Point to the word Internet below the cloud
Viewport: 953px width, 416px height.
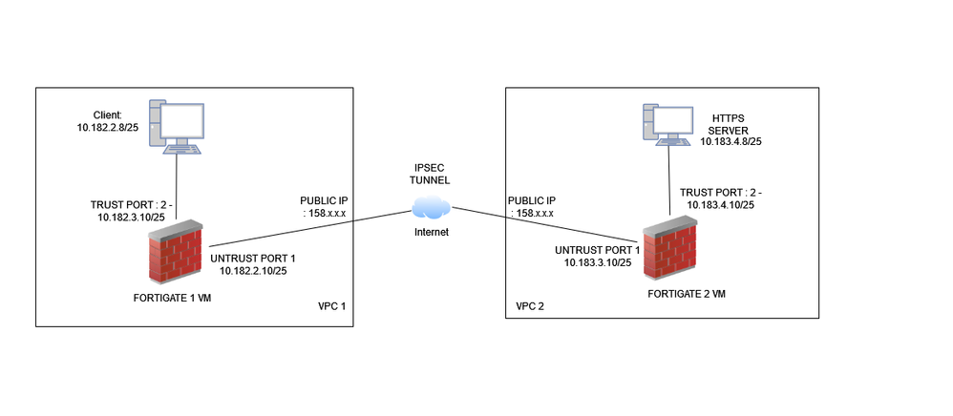click(432, 232)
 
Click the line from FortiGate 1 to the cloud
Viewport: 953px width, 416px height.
click(306, 224)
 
